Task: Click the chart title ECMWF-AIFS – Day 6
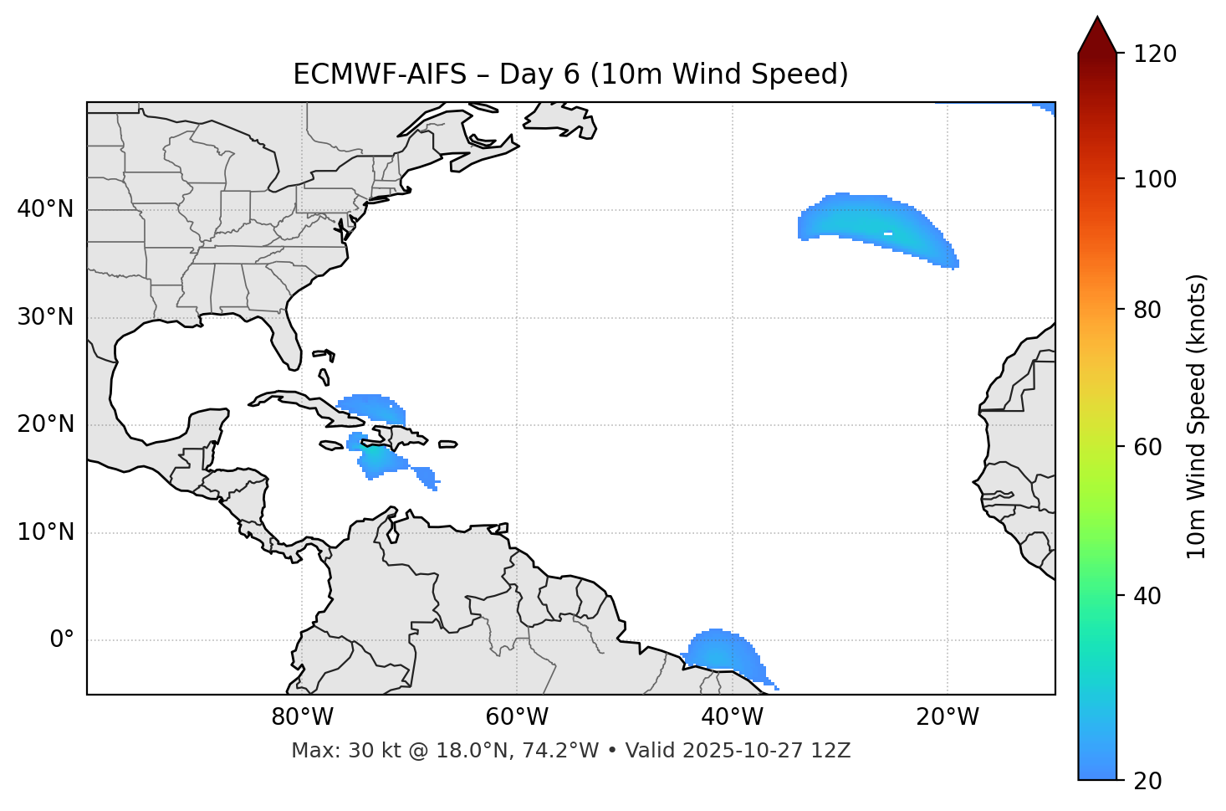point(570,74)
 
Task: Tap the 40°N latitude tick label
point(45,209)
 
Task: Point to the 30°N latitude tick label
point(45,317)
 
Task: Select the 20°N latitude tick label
point(45,424)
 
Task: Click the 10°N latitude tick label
point(45,532)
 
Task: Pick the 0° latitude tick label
point(61,640)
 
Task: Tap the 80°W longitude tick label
point(302,717)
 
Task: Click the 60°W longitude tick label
point(517,717)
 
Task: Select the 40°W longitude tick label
point(732,717)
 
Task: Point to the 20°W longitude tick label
point(948,717)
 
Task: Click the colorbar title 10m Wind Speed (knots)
point(1197,417)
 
